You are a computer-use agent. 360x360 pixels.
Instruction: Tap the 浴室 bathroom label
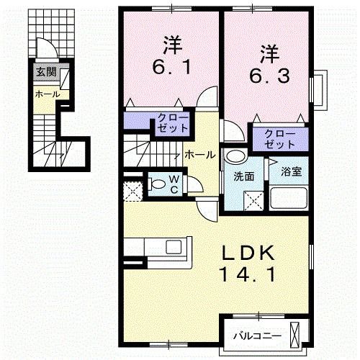[291, 172]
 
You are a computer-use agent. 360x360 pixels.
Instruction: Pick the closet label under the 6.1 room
[173, 122]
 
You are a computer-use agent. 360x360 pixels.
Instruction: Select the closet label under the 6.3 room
[274, 138]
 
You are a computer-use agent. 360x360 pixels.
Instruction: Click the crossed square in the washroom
[253, 199]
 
